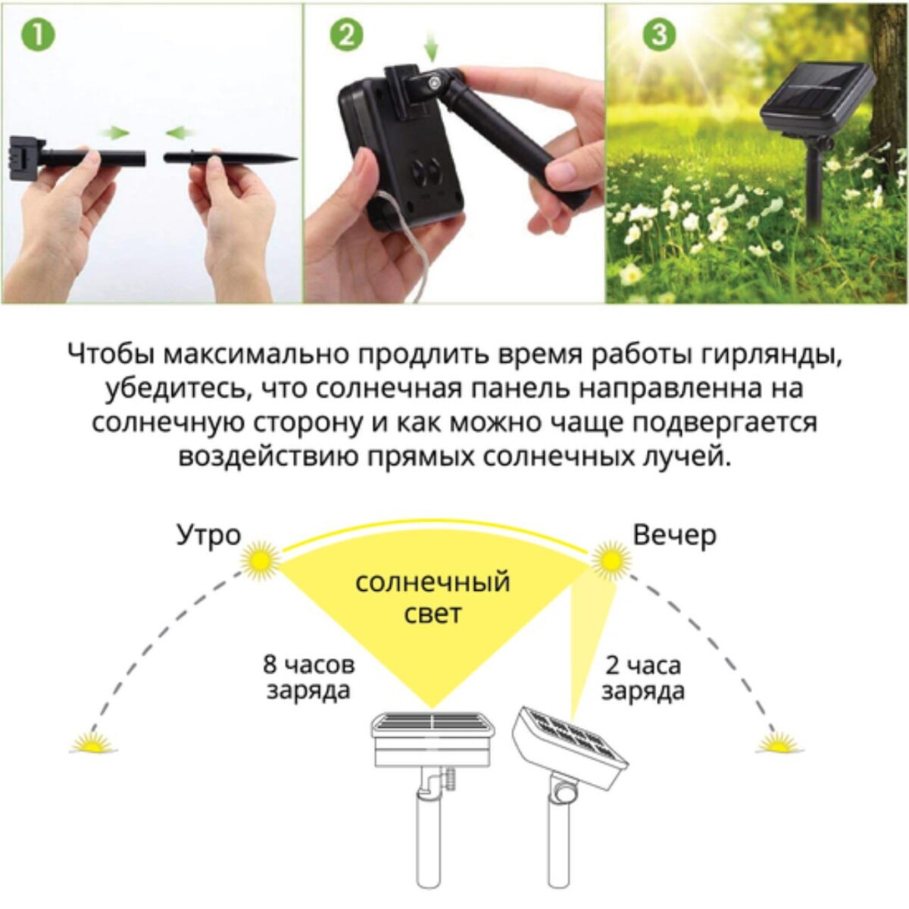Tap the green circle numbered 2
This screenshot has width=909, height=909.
(346, 36)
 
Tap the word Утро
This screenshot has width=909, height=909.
(208, 536)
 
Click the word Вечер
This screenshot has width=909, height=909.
(674, 536)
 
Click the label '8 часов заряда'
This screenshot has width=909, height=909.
(308, 678)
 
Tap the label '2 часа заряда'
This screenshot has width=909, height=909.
(644, 678)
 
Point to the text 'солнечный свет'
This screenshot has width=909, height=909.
(433, 597)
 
